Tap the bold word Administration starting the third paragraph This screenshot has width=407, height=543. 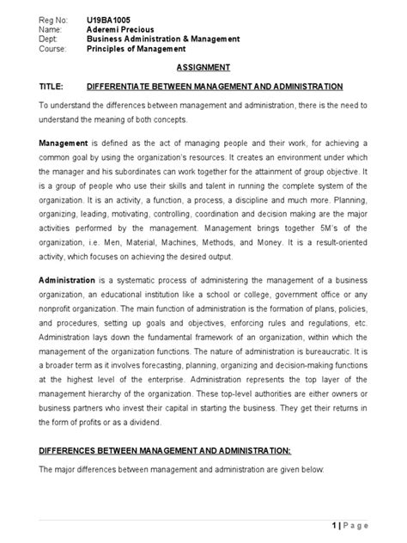71,281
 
